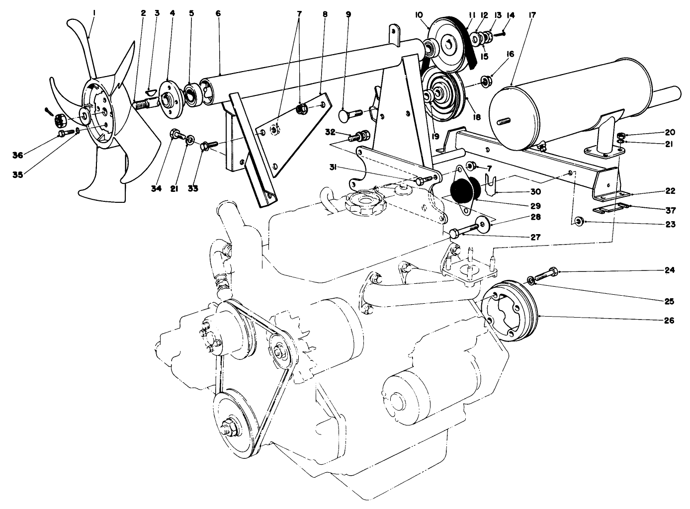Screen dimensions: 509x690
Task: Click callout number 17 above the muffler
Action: coord(518,15)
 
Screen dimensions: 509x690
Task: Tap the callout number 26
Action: coord(669,321)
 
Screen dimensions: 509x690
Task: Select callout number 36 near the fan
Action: coord(18,156)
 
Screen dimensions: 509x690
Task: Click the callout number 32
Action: coord(330,132)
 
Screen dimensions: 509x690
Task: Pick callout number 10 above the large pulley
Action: coord(419,15)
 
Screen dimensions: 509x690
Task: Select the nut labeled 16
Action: coord(487,80)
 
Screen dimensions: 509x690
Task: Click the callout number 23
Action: coord(669,224)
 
